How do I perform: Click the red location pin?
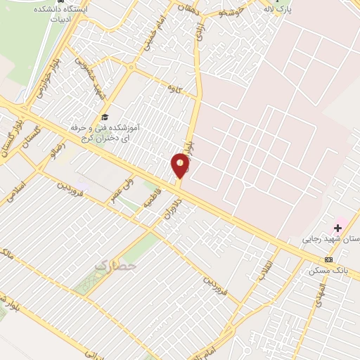[181, 166]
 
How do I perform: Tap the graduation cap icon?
[105, 117]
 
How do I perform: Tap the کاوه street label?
[168, 87]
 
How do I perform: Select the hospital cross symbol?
[338, 227]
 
